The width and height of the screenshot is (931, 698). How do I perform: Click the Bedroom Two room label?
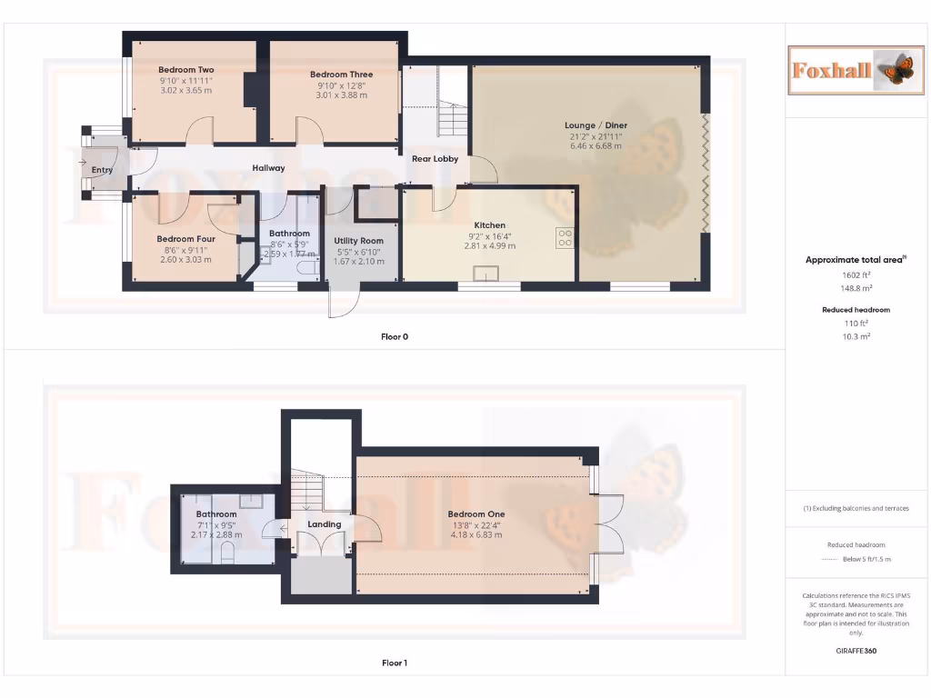[x=185, y=70]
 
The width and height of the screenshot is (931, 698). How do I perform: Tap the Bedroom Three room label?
[x=341, y=75]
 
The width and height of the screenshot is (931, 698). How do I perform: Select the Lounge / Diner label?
[x=596, y=125]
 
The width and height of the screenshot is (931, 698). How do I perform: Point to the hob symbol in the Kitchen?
[x=565, y=236]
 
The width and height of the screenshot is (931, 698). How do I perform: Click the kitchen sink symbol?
[x=484, y=273]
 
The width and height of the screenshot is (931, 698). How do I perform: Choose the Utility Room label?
[x=359, y=241]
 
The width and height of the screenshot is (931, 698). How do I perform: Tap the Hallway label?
[x=269, y=168]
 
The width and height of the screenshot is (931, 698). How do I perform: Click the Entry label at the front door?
[x=103, y=170]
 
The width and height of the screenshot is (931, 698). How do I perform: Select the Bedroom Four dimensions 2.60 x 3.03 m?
[x=185, y=260]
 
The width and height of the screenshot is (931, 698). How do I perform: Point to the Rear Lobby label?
[x=435, y=159]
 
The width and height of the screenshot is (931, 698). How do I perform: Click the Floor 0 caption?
[x=395, y=337]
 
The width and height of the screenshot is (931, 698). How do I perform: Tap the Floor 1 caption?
[x=395, y=663]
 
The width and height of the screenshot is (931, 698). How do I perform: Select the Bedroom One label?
[x=476, y=514]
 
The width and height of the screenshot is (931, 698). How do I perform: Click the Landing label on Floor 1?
[x=325, y=524]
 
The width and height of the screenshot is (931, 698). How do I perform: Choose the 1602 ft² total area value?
[x=855, y=274]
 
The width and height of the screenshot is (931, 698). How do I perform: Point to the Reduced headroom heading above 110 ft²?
[x=856, y=310]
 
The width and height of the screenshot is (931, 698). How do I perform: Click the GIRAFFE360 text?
[x=855, y=651]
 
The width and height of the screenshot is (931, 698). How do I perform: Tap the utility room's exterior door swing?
[x=345, y=302]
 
